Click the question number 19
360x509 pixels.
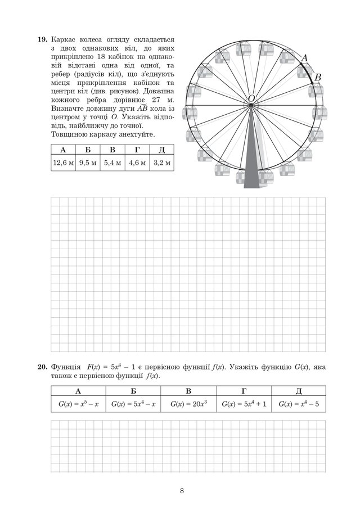pyautogui.click(x=42, y=40)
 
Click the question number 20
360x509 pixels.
pyautogui.click(x=42, y=367)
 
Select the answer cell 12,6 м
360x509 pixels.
pyautogui.click(x=63, y=163)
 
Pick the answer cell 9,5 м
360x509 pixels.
pyautogui.click(x=88, y=163)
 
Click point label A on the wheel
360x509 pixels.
pyautogui.click(x=305, y=58)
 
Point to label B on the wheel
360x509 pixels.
pyautogui.click(x=317, y=78)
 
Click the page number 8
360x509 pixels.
pyautogui.click(x=182, y=490)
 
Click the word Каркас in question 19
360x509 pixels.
pyautogui.click(x=63, y=40)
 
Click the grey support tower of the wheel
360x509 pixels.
pyautogui.click(x=251, y=169)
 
